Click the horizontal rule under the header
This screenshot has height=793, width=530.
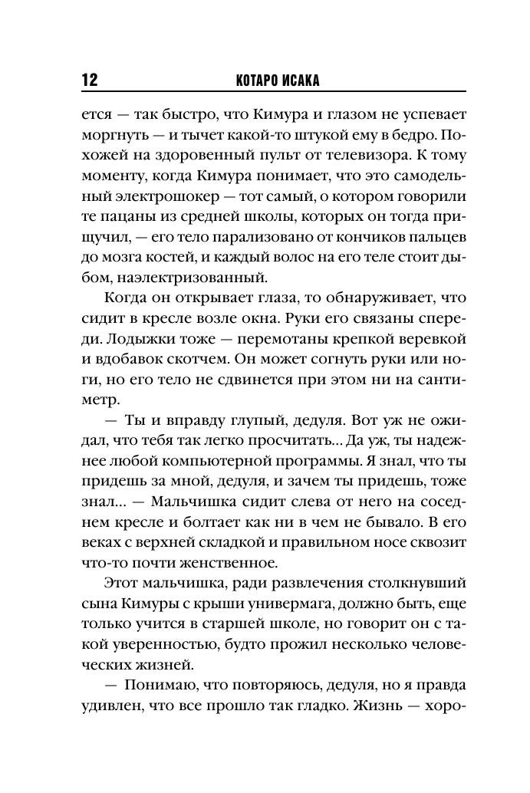pyautogui.click(x=265, y=93)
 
